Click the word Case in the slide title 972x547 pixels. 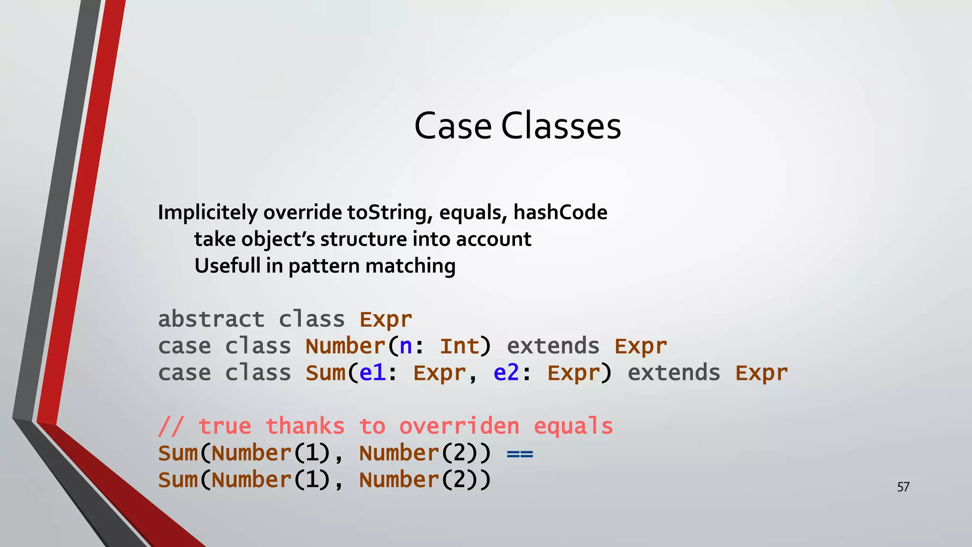click(x=453, y=126)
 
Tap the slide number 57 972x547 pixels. click(x=903, y=487)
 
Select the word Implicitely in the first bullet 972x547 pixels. click(x=207, y=212)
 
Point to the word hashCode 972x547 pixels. click(x=560, y=212)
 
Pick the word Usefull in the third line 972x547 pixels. click(x=227, y=266)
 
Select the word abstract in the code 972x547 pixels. click(x=211, y=319)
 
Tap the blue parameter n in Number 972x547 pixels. click(x=406, y=347)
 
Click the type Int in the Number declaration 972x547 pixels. click(x=459, y=347)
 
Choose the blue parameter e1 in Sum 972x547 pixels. click(x=372, y=373)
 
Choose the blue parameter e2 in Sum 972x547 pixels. click(x=506, y=373)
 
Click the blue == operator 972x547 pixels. click(x=520, y=454)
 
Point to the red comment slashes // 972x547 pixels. click(x=170, y=426)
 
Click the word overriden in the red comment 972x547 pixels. click(x=459, y=426)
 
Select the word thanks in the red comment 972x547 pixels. click(x=305, y=426)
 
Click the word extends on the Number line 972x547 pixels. click(x=553, y=347)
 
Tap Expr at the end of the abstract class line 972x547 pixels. click(x=385, y=320)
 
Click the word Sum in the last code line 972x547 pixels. click(x=178, y=480)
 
